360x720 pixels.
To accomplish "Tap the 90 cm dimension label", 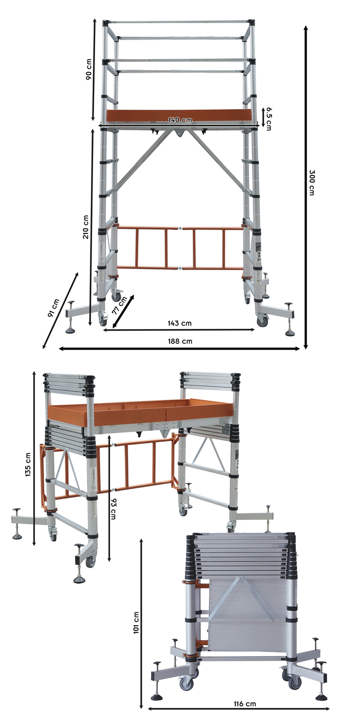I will pos(88,68).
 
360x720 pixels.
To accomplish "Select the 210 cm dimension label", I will pos(87,227).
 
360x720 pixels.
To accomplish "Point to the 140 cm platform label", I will pos(180,120).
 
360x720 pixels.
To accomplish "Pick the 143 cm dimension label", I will pos(179,323).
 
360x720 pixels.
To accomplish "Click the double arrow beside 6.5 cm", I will pos(263,117).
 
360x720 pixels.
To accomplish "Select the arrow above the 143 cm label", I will pos(179,330).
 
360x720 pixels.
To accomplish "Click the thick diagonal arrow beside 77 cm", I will pos(123,310).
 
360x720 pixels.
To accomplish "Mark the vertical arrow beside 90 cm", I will pos(94,69).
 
